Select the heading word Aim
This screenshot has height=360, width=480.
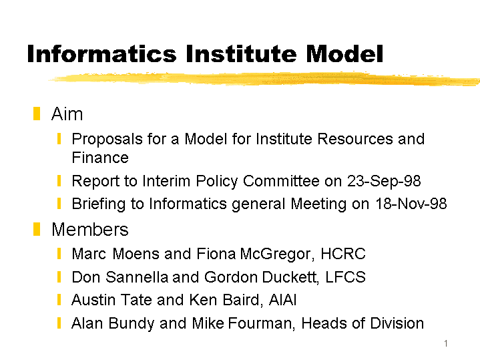[x=67, y=114]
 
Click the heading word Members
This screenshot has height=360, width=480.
[x=89, y=230]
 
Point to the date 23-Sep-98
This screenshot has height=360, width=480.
[x=384, y=181]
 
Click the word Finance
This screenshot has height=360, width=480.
[x=99, y=158]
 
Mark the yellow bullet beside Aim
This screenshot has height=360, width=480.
[x=36, y=114]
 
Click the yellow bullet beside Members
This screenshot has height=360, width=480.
[x=36, y=230]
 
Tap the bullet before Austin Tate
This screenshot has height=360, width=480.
[x=59, y=301]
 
